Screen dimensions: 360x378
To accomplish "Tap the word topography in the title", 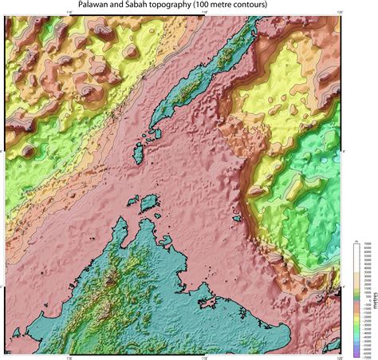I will click(x=193, y=5).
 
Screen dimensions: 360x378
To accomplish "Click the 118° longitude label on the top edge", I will click(x=203, y=12).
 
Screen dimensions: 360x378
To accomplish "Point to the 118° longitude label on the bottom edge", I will click(x=203, y=357).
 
